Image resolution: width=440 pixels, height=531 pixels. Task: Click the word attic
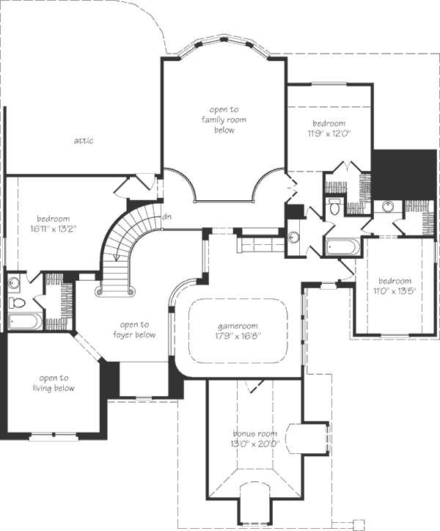84,141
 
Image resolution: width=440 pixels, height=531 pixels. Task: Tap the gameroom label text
238,326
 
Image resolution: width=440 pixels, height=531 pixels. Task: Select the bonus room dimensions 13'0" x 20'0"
254,443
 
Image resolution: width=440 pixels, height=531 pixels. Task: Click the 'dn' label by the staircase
166,216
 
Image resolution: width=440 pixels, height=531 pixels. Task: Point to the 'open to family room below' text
224,120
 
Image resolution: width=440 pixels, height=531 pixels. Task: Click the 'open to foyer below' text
134,330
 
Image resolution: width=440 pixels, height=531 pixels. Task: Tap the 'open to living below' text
54,383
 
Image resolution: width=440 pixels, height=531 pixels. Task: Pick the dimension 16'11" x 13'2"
54,229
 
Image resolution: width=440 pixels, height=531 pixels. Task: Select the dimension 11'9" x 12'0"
329,133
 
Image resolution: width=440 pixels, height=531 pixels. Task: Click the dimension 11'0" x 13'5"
395,290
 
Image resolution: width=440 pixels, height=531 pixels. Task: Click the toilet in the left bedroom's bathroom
17,302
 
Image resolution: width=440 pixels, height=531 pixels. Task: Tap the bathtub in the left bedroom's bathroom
24,322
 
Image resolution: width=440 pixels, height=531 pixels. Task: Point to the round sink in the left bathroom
14,282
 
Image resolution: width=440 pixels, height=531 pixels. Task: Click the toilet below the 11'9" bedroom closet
335,208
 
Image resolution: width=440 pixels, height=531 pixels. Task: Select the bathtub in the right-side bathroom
342,247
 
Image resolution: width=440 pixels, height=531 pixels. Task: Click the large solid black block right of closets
404,175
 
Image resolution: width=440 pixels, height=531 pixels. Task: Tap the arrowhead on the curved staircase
116,257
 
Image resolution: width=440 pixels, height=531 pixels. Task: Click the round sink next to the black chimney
388,205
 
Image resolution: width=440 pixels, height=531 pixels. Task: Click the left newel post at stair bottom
100,290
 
